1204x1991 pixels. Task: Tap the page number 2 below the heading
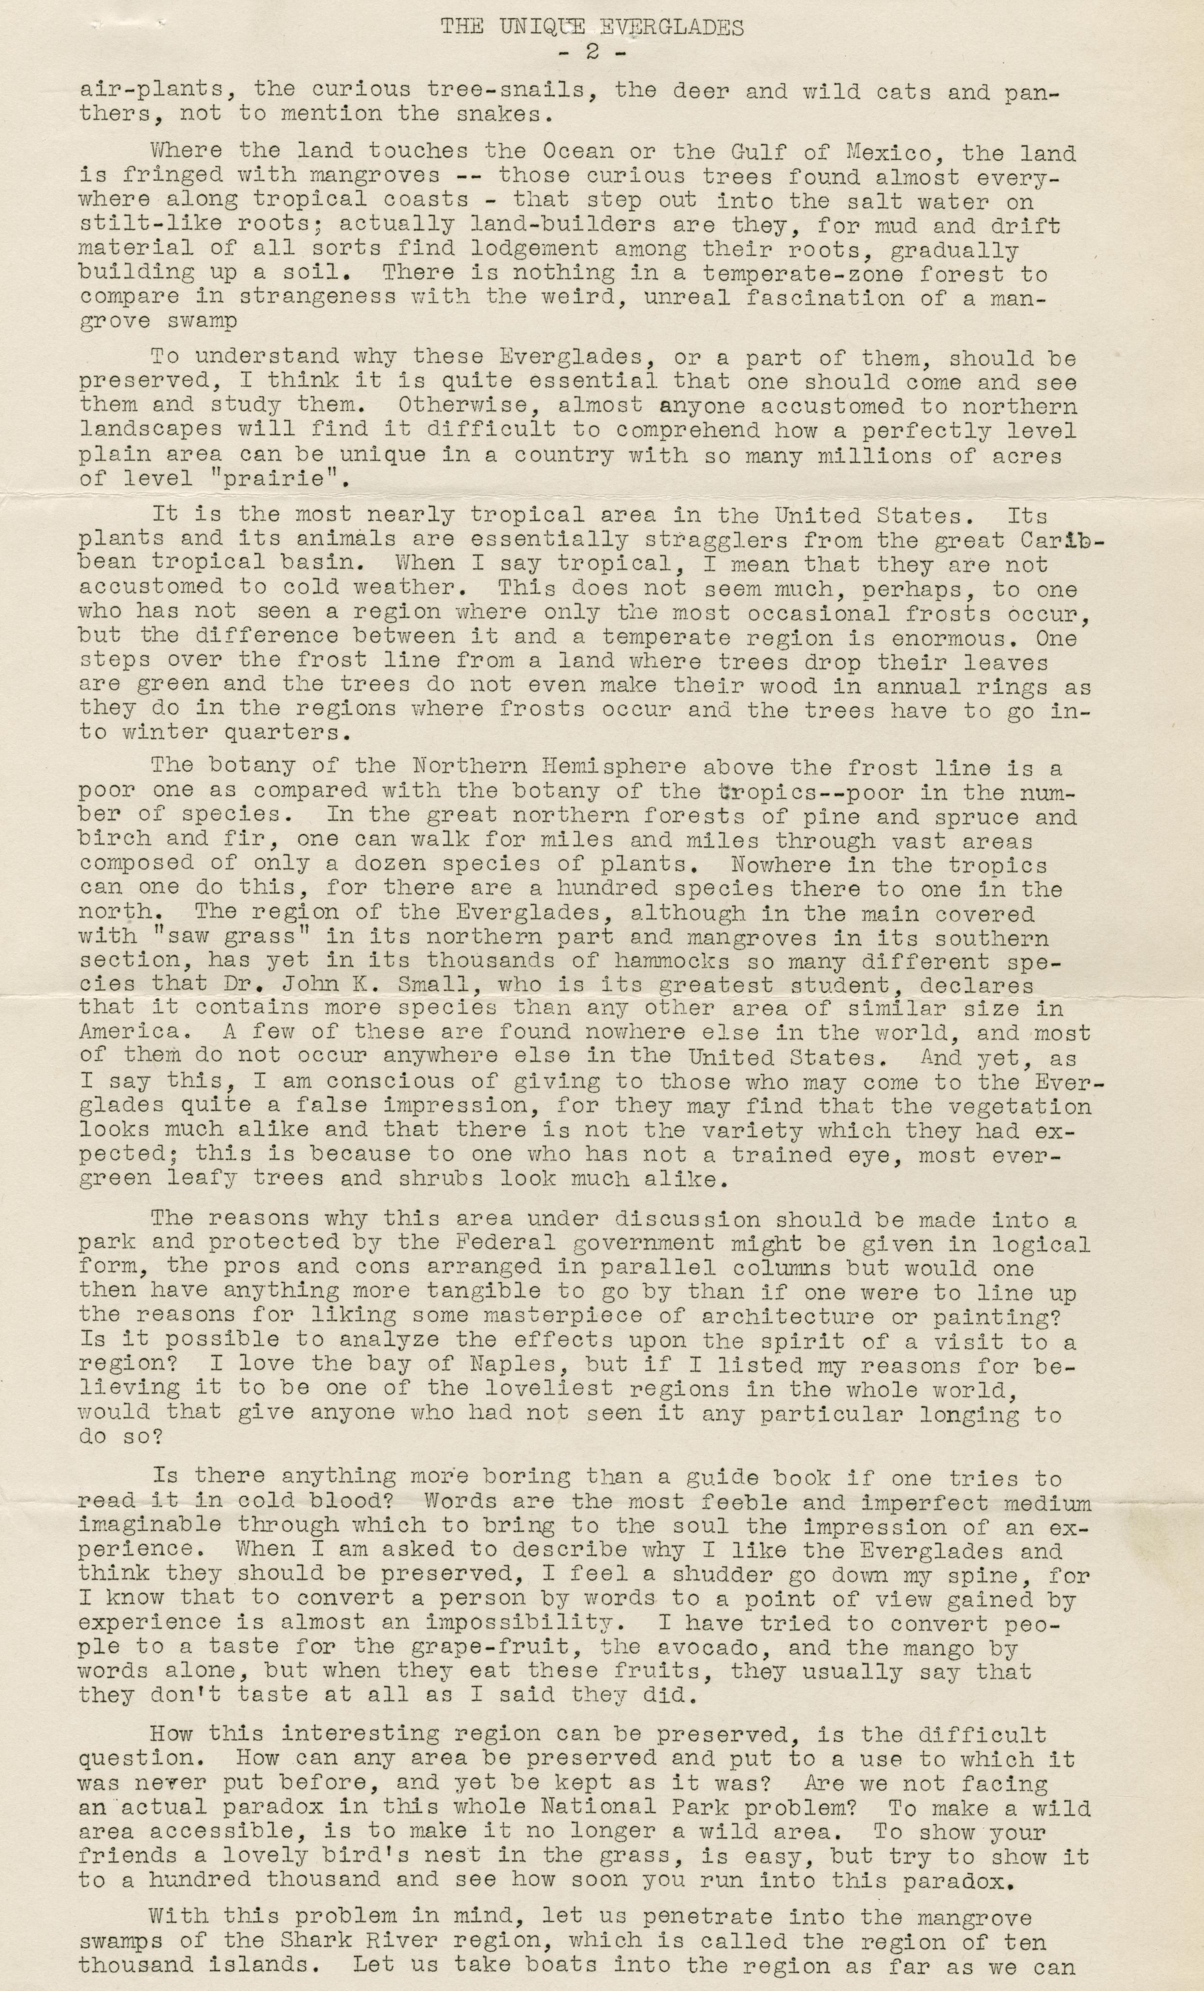[591, 53]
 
